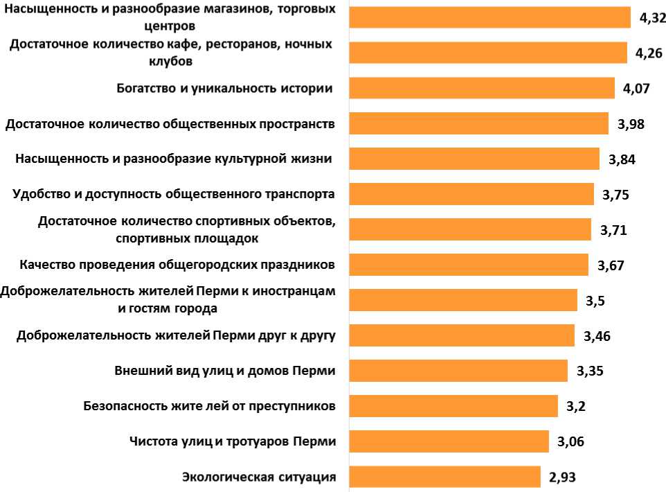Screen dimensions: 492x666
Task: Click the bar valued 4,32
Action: [x=490, y=17]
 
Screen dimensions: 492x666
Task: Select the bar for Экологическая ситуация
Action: [x=445, y=477]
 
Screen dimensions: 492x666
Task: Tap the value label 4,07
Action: [x=636, y=89]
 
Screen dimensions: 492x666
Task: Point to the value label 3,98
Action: [x=631, y=124]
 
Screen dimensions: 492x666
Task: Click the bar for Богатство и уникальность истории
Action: [x=482, y=88]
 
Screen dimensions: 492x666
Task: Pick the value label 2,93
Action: [x=562, y=477]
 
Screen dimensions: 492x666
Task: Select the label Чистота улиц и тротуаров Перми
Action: [x=233, y=441]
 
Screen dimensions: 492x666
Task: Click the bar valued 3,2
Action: [x=453, y=406]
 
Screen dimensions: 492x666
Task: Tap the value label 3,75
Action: [x=615, y=195]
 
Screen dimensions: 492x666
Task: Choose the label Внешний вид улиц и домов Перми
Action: [x=225, y=371]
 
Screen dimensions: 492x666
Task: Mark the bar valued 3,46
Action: [x=462, y=335]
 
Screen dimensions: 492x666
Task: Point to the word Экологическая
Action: [x=226, y=477]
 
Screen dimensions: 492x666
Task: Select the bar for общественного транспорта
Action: [x=471, y=194]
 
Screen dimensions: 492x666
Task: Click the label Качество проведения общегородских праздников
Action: [x=178, y=265]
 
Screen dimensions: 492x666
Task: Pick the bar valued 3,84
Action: [x=474, y=159]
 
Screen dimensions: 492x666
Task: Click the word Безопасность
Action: [x=126, y=406]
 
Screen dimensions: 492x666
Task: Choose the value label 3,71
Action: [x=613, y=230]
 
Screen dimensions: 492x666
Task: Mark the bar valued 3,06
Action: [x=449, y=441]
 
